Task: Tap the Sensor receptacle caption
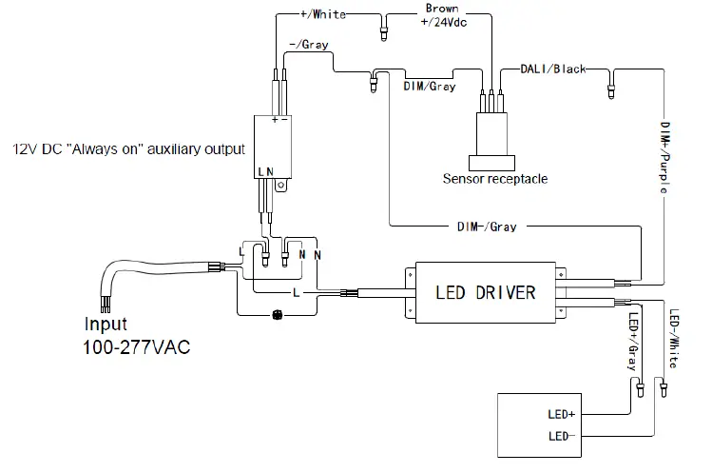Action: [x=494, y=178]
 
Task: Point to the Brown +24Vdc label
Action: [x=441, y=15]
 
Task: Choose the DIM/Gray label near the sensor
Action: [x=429, y=87]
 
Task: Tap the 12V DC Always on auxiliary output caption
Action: [x=128, y=149]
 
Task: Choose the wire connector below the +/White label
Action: [x=383, y=32]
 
